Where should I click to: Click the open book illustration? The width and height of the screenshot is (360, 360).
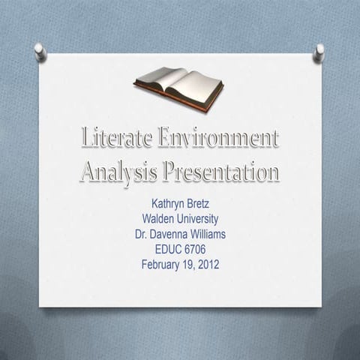(178, 84)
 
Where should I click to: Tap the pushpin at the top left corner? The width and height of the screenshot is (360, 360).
(39, 51)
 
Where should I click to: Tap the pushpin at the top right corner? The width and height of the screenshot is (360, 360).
(319, 51)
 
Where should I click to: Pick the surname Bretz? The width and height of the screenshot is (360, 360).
(200, 204)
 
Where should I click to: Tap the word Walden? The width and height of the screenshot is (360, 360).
(157, 219)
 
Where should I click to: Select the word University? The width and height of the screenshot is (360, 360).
(196, 219)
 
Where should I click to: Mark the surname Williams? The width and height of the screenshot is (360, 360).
(210, 234)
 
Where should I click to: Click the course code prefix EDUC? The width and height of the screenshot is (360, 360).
(167, 249)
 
